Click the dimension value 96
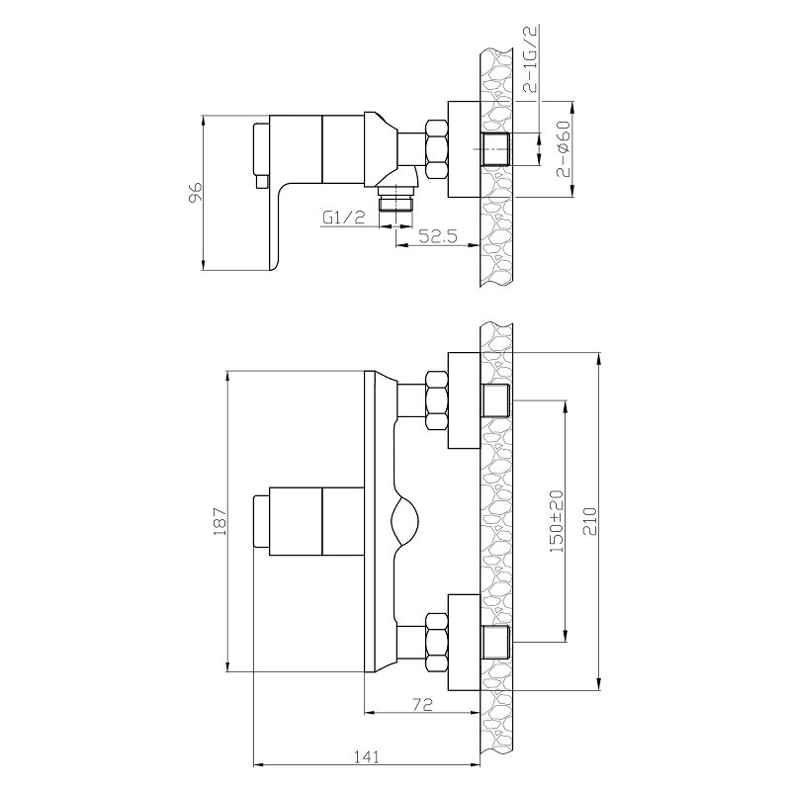[195, 193]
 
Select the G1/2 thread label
[343, 218]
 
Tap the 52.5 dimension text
[437, 235]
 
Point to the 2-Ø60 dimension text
[564, 149]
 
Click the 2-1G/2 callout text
[531, 59]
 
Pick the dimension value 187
[220, 521]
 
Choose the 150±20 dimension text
[557, 521]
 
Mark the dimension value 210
[589, 521]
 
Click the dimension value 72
[423, 704]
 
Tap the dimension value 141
[366, 756]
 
